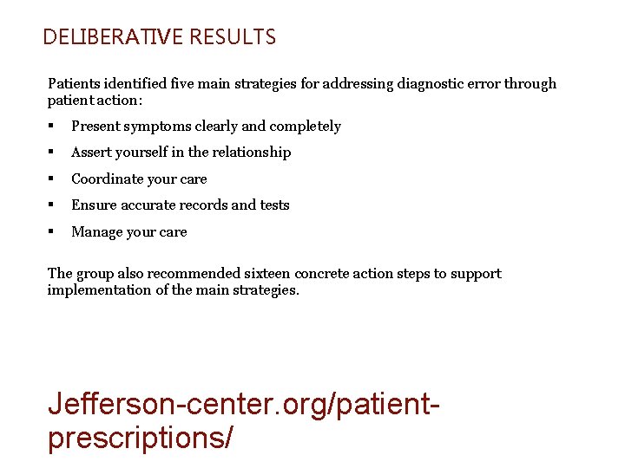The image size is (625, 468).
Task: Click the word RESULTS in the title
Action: (232, 37)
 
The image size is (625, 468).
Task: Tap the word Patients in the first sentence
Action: (75, 84)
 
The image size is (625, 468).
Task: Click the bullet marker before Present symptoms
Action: (52, 127)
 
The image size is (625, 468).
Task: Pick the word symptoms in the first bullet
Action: (157, 127)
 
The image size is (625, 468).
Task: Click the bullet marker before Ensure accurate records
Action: (52, 205)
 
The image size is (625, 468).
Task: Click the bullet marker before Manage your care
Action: (52, 232)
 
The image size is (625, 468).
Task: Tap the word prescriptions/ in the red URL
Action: (140, 438)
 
